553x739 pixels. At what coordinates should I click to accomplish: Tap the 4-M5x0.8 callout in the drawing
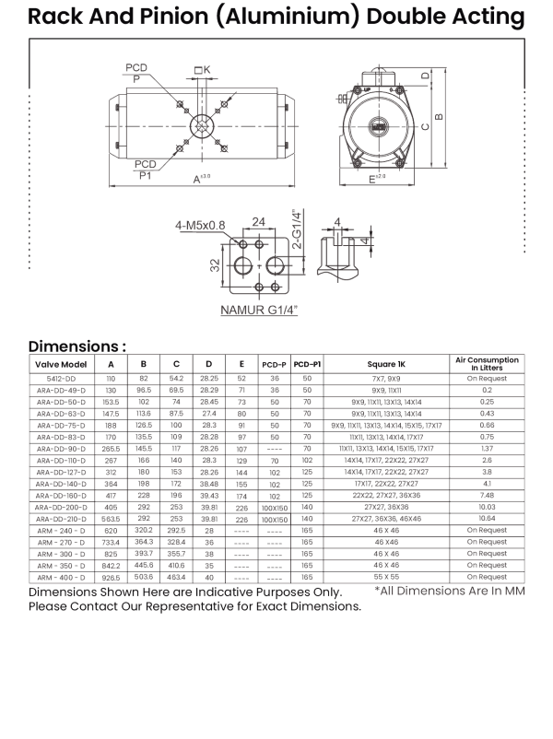point(200,224)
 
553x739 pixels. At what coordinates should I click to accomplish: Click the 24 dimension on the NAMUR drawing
point(260,221)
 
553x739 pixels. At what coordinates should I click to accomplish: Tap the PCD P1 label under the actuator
point(146,168)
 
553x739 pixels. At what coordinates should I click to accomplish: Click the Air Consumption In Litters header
point(487,363)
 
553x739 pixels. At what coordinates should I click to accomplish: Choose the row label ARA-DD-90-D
point(61,449)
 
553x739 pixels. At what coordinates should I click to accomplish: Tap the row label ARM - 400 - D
point(61,577)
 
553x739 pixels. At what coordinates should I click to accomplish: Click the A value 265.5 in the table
point(111,449)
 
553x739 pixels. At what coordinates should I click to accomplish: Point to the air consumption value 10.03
point(487,507)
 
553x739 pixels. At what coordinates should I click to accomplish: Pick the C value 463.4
point(176,577)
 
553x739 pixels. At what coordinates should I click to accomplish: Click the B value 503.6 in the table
point(144,577)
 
